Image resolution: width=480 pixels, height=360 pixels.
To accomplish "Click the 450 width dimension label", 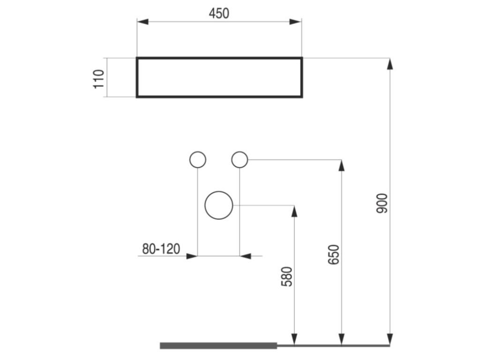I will point(219,14).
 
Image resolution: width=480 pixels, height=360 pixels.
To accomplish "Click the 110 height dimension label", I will point(99,78).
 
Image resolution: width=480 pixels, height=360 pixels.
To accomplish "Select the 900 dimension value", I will point(382,203).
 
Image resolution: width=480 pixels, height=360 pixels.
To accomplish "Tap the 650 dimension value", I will point(333,255).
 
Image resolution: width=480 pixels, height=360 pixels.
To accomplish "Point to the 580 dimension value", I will point(286,277).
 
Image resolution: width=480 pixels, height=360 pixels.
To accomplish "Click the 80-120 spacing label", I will point(161,249).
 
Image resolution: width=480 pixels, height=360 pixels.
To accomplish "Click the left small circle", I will point(197,160).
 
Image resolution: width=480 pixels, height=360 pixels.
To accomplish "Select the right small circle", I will point(240,160).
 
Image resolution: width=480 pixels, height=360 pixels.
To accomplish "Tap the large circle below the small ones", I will point(219,205).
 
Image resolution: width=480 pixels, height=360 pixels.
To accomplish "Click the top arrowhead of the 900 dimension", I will point(390,64).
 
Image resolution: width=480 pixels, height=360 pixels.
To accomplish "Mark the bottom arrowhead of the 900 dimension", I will point(390,339).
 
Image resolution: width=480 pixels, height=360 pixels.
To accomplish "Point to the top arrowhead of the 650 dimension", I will point(341,165).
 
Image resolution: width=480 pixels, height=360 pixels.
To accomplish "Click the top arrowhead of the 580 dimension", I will point(294,211).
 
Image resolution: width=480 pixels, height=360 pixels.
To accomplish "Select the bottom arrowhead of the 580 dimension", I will point(294,339).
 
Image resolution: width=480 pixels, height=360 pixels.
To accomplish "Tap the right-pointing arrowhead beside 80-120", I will point(192,256).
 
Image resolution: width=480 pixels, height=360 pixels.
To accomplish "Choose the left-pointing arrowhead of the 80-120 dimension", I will point(245,256).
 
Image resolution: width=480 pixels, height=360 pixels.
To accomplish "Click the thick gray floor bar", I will point(218,346).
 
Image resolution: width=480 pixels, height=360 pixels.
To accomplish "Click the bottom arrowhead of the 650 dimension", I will point(341,339).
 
